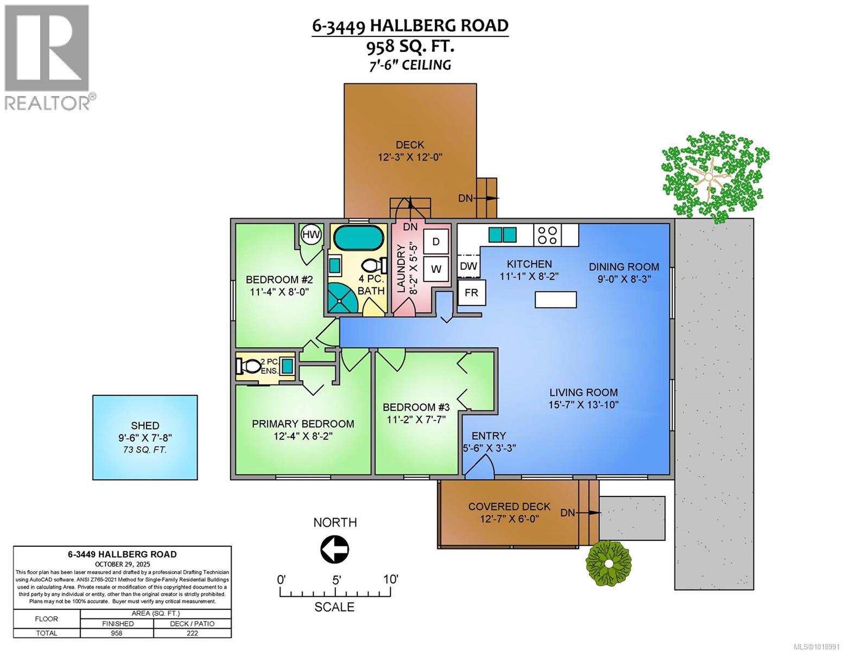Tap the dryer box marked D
(435, 241)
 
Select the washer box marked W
(435, 269)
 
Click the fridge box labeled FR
(471, 292)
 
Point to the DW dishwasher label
(468, 266)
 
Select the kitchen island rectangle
(556, 299)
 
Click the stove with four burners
(547, 235)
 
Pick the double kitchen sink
(503, 234)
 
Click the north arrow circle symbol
(334, 550)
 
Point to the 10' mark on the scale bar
(390, 579)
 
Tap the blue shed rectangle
(145, 437)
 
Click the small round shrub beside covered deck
(609, 564)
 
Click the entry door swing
(480, 467)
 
